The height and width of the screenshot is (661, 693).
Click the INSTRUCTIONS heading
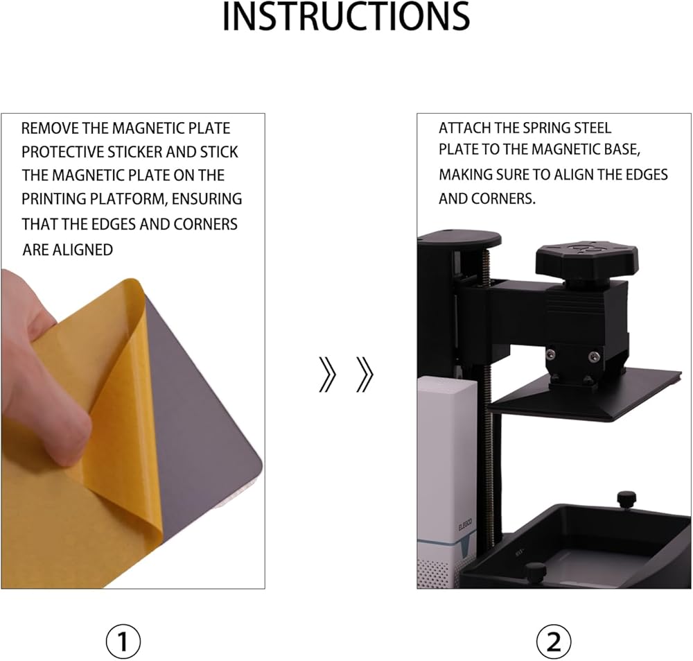pyautogui.click(x=346, y=17)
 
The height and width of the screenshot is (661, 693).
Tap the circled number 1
pyautogui.click(x=123, y=641)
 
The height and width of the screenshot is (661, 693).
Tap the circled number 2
pyautogui.click(x=554, y=641)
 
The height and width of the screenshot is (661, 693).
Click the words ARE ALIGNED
pyautogui.click(x=68, y=250)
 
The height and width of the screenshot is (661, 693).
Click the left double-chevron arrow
pyautogui.click(x=328, y=375)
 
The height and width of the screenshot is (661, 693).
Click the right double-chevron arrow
pyautogui.click(x=365, y=375)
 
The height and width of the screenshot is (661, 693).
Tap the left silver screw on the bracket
pyautogui.click(x=551, y=354)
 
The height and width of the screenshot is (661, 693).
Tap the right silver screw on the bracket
pyautogui.click(x=594, y=356)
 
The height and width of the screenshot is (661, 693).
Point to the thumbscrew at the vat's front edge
pyautogui.click(x=535, y=572)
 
